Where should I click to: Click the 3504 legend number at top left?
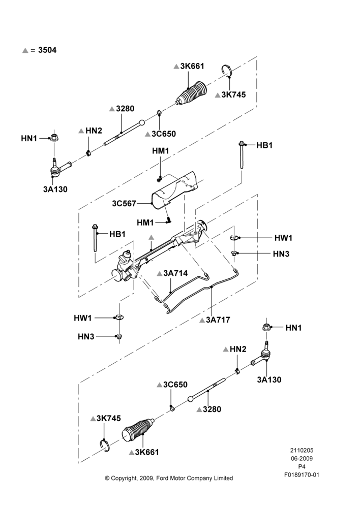coord(47,50)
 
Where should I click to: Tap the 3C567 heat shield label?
coord(124,204)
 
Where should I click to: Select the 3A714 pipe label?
coord(175,273)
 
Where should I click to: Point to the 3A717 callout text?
coord(218,320)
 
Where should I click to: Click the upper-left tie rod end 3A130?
coord(60,167)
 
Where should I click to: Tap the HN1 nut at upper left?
coord(54,137)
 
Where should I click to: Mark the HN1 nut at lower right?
coord(266,327)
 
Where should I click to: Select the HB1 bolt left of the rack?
coord(95,237)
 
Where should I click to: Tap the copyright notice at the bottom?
coord(169,478)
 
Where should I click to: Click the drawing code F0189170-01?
coord(302,475)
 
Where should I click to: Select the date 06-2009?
coord(302,458)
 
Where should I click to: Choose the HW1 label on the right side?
coord(283,238)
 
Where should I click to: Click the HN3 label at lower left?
coord(86,337)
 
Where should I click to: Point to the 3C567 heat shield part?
coord(174,190)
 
